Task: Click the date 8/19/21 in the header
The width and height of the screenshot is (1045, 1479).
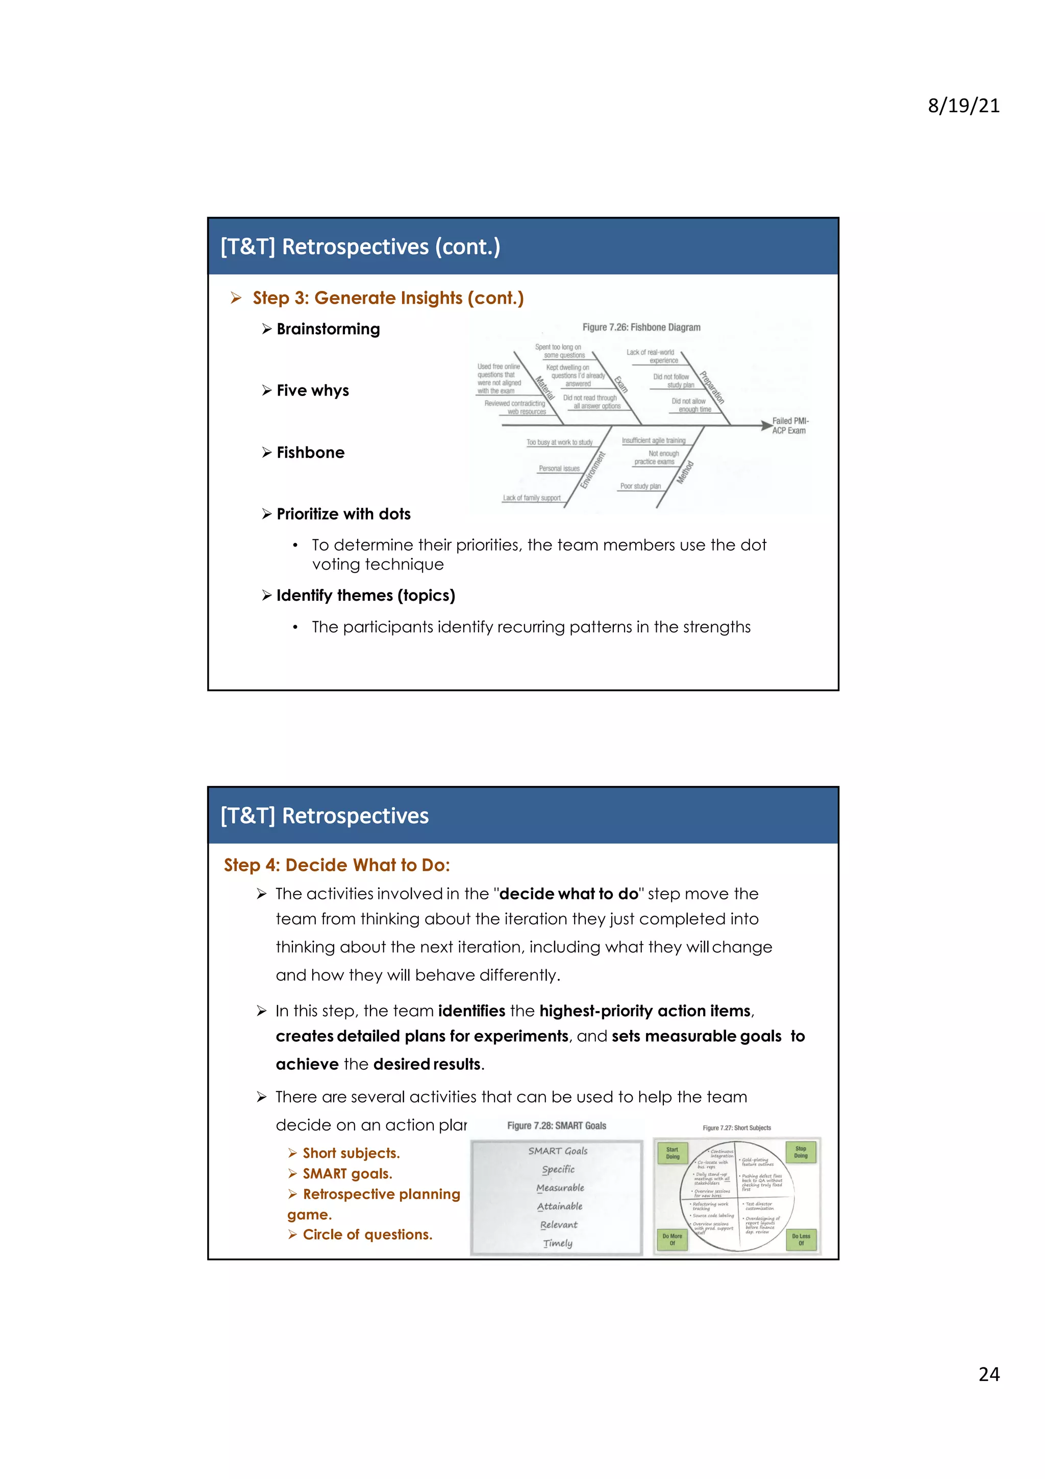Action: tap(963, 106)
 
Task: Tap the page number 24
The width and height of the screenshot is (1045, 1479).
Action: tap(988, 1374)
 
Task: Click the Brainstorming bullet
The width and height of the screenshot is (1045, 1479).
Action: tap(328, 329)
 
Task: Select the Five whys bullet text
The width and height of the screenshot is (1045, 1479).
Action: tap(312, 391)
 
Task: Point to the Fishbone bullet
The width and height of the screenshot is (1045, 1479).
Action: tap(310, 453)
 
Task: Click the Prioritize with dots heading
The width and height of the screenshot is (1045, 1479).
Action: tap(343, 514)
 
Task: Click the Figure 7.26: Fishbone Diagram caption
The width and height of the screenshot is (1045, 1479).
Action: tap(641, 327)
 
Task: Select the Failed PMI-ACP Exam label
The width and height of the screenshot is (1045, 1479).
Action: tap(790, 426)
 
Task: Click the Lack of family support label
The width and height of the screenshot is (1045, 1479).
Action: tap(531, 498)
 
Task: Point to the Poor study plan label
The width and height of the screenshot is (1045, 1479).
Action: tap(640, 486)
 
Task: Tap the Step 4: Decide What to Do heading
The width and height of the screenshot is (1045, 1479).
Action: tap(337, 865)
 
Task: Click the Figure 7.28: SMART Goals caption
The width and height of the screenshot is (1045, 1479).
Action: tap(556, 1126)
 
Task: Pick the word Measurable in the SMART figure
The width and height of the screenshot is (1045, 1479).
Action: tap(560, 1188)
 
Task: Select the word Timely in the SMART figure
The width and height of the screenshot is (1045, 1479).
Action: tap(558, 1243)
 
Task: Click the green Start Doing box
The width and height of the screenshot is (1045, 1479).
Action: tap(672, 1152)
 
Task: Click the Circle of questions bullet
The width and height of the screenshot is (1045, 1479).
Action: tap(367, 1235)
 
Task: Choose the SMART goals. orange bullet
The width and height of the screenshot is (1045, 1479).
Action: tap(347, 1174)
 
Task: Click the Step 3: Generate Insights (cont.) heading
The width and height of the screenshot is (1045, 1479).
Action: tap(388, 298)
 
